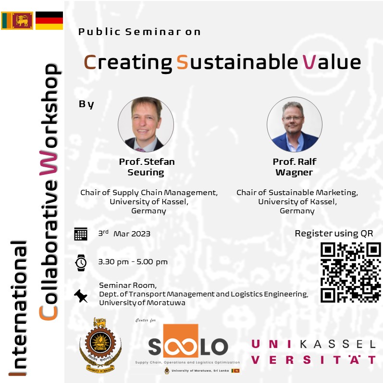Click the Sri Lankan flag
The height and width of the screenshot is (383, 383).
point(17,20)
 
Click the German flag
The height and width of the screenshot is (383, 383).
point(49,20)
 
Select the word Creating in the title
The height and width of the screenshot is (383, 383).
point(128,62)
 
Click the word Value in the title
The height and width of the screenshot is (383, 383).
point(332,62)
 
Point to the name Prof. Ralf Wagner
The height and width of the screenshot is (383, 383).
point(294,167)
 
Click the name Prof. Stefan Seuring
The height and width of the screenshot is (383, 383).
point(147,167)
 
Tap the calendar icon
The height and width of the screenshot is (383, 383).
point(81,234)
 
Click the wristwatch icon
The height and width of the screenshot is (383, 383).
point(81,262)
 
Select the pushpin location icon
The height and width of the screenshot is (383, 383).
point(81,296)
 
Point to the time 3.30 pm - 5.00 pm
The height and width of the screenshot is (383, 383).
point(133,262)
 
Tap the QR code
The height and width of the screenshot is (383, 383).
point(350,272)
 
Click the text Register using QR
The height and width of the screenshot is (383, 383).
point(334,234)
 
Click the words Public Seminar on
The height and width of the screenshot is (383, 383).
point(139,32)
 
